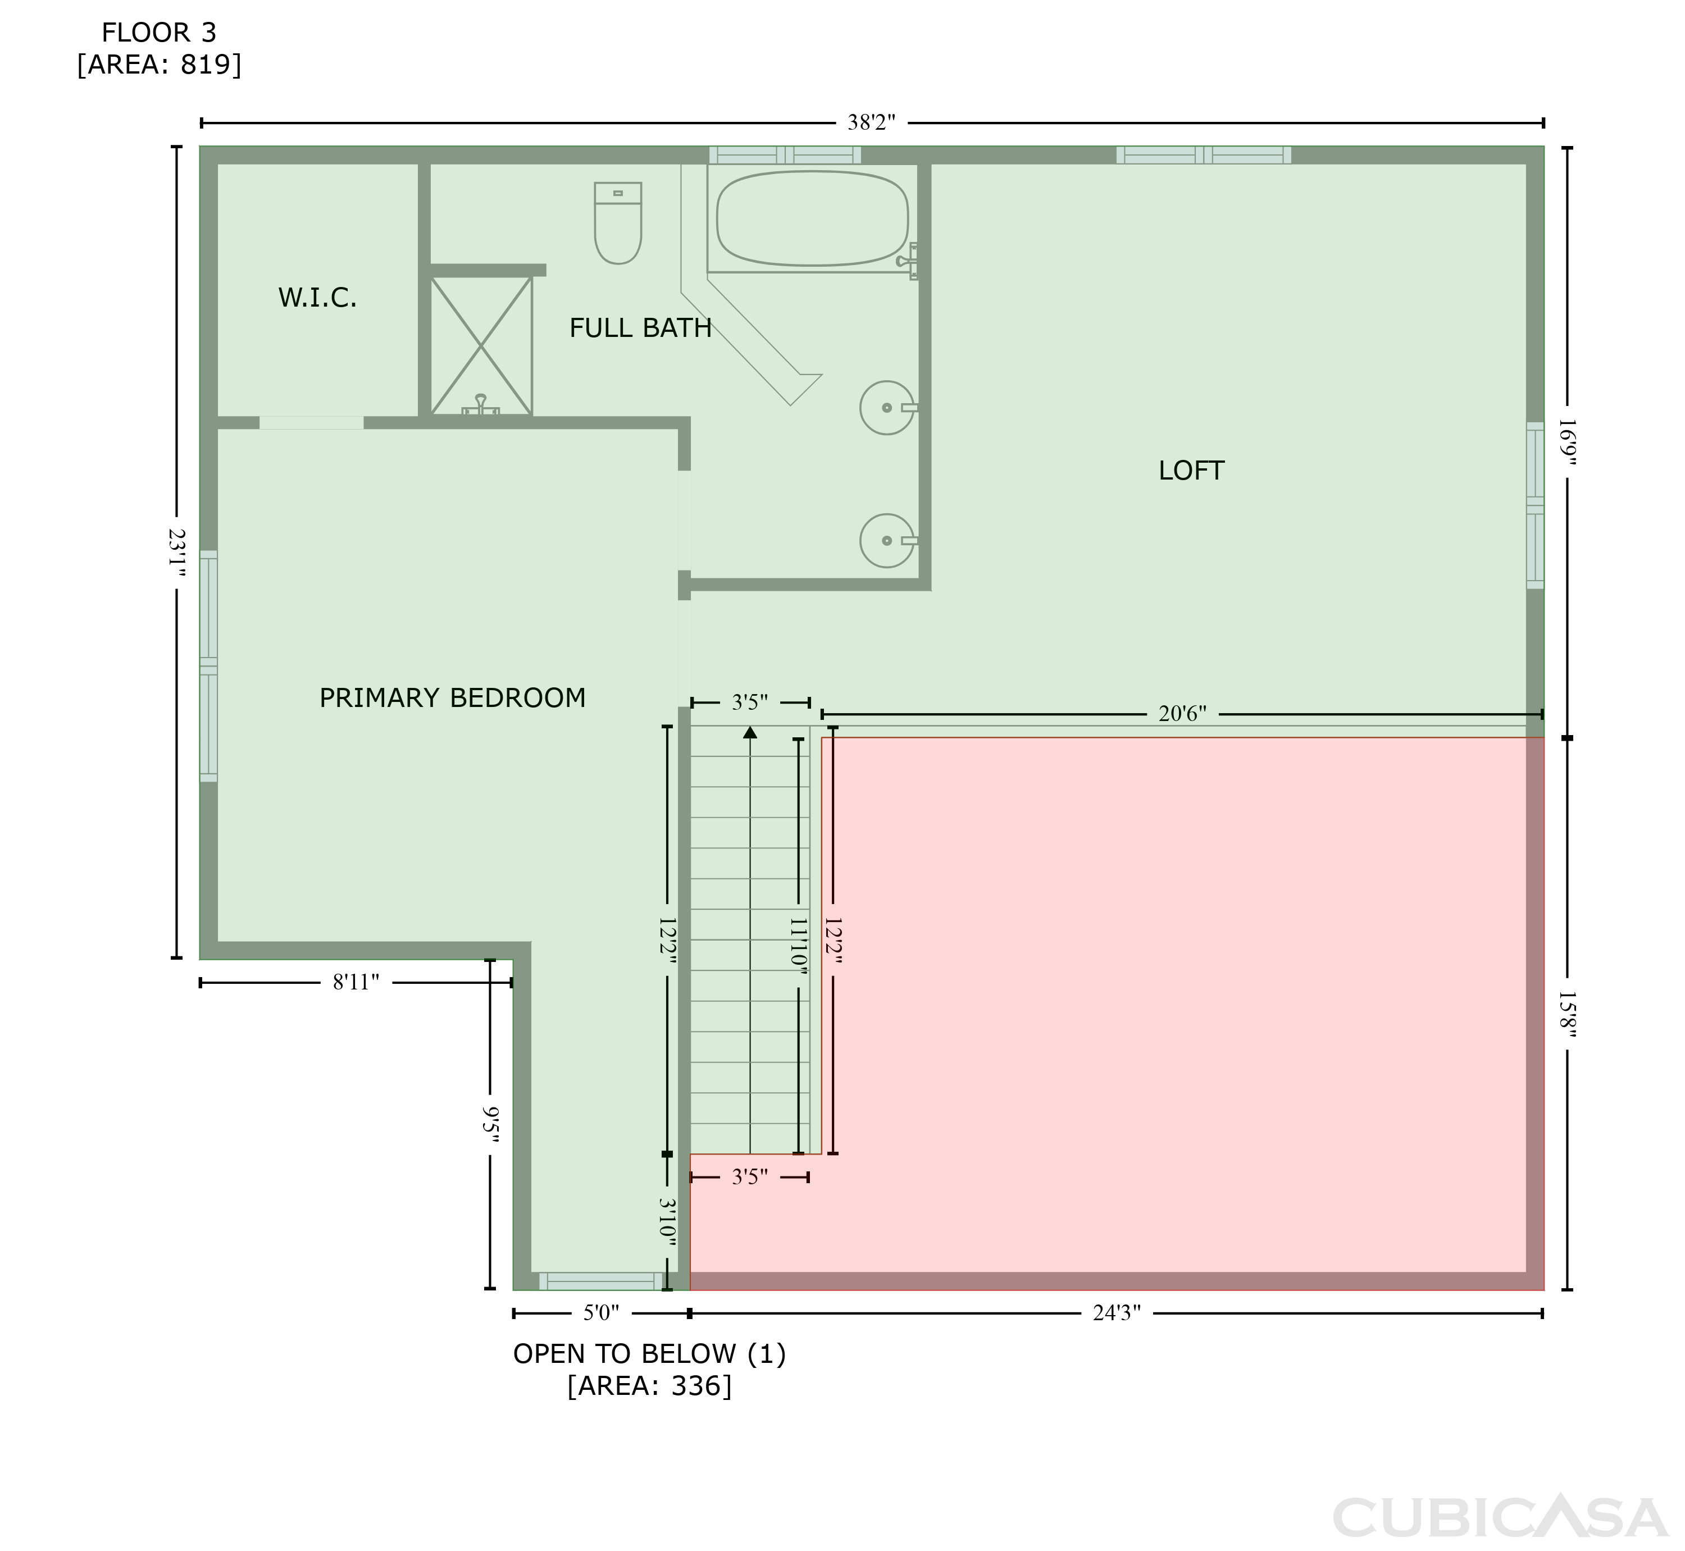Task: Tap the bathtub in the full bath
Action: pos(812,218)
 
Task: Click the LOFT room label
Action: pos(1191,471)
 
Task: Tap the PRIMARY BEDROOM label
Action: pos(453,698)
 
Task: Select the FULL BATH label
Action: pos(641,328)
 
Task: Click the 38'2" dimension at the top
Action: pos(872,124)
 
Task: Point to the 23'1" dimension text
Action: pos(176,552)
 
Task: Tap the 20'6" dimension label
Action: pos(1182,714)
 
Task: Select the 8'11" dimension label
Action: pos(356,983)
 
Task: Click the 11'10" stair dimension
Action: pos(798,946)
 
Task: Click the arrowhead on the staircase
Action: pos(750,733)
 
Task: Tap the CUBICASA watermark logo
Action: pos(1500,1518)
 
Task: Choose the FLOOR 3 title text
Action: pos(159,33)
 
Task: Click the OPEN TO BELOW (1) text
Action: pos(649,1354)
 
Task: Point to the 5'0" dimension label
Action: pos(601,1313)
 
